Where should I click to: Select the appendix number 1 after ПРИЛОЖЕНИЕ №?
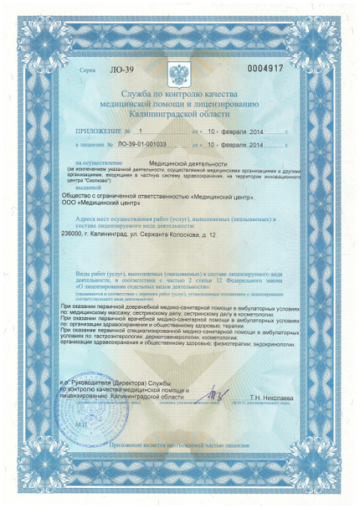tap(141, 131)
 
